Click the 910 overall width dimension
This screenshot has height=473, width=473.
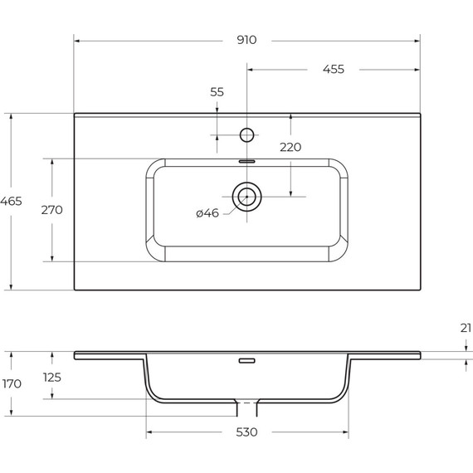pos(246,39)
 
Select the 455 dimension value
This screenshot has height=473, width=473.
pos(333,69)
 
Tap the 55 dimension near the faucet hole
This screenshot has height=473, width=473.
pos(217,92)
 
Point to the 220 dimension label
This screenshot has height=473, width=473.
pos(290,147)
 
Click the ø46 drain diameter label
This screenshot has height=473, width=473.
pos(207,213)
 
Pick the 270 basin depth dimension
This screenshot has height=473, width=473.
pos(51,210)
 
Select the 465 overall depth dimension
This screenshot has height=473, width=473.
pos(11,202)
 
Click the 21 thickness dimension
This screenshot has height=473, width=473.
pos(466,329)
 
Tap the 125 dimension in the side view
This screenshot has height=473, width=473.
pos(51,377)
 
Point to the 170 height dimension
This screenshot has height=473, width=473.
pos(11,384)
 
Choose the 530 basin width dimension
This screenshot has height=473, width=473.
pos(246,432)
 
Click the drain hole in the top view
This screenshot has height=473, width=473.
pos(246,197)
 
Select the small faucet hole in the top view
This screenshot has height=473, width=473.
pos(246,134)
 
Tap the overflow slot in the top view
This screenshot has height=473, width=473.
pos(246,160)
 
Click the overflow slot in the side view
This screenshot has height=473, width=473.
pos(246,361)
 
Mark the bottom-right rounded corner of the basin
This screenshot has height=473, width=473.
pos(341,253)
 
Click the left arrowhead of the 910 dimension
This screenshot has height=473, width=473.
pos(77,39)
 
